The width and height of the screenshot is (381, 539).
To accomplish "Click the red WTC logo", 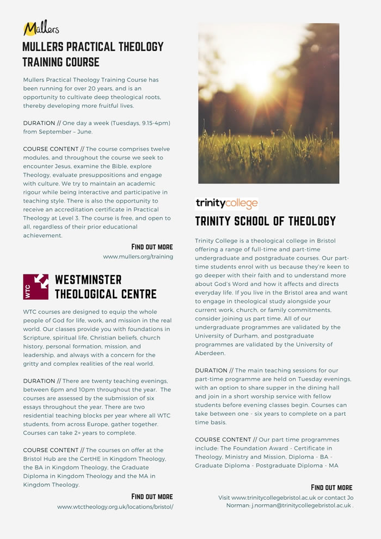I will [x=36, y=286].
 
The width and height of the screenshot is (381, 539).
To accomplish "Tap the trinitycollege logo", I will [x=226, y=204].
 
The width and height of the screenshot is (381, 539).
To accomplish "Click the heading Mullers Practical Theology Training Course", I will [x=93, y=53].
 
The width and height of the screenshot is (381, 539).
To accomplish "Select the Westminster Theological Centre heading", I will [x=106, y=287].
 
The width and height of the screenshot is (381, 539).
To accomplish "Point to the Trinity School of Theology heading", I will [x=266, y=221].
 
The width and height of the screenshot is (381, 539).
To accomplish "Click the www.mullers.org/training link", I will [x=138, y=256].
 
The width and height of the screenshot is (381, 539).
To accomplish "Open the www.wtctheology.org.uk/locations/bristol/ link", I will [x=115, y=507].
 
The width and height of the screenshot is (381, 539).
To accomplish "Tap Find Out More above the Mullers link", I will [x=152, y=247].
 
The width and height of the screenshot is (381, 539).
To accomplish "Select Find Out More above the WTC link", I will [x=152, y=497].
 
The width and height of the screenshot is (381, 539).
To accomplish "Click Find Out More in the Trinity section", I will [x=331, y=487].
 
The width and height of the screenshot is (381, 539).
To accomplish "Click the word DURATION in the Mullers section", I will [x=39, y=123].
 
